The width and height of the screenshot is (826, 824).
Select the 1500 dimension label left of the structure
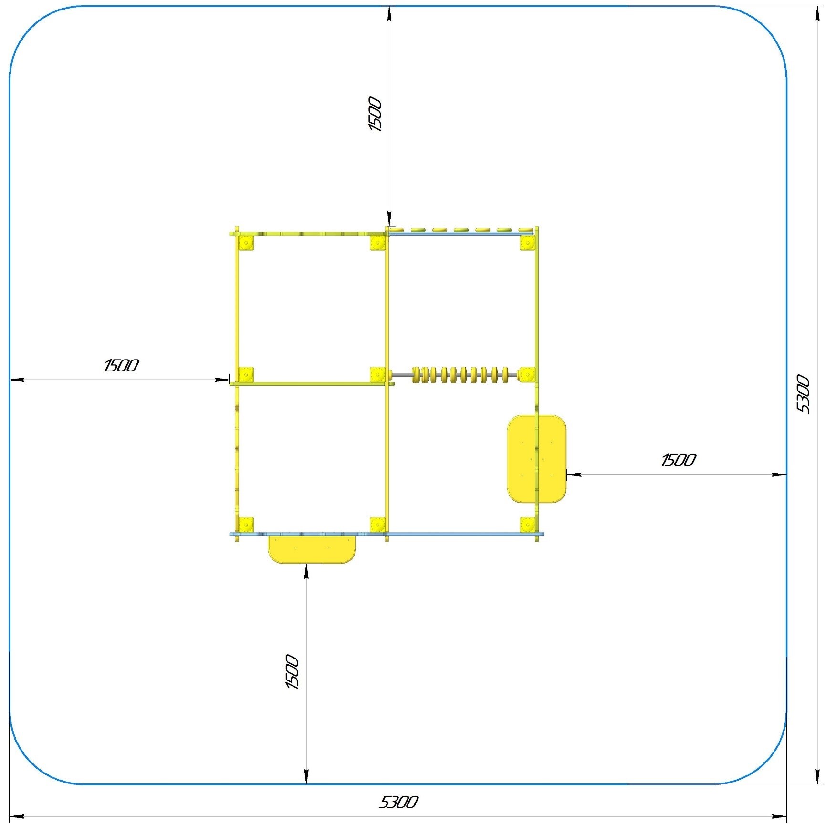(x=121, y=366)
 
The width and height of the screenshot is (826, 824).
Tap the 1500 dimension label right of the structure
(x=678, y=460)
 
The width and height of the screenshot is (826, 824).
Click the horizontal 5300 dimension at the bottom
(x=398, y=802)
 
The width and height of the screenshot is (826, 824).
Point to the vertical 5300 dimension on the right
(x=803, y=394)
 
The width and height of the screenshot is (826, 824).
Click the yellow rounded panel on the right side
(x=537, y=459)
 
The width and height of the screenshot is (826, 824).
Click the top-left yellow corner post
(x=246, y=243)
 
